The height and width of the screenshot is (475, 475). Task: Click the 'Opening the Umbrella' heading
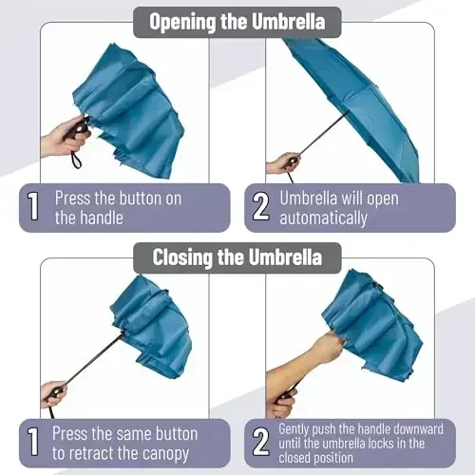(237, 21)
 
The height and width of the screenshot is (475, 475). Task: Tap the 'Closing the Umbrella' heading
(237, 256)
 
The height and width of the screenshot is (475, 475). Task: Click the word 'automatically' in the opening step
(323, 218)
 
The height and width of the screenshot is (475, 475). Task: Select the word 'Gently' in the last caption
(296, 429)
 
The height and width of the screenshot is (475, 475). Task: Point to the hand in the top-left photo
(59, 141)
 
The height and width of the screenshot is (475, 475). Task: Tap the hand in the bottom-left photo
(53, 393)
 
